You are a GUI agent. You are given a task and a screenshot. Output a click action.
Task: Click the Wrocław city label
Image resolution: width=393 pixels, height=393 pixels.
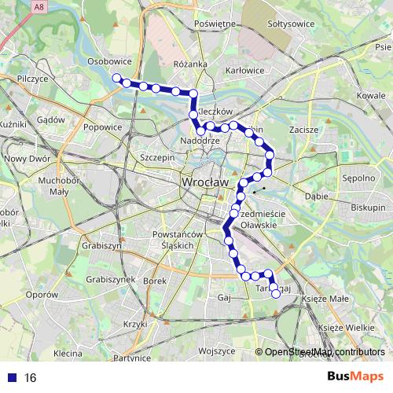point(204,182)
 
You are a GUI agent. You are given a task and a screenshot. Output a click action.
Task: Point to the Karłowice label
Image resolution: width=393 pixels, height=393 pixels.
point(244,70)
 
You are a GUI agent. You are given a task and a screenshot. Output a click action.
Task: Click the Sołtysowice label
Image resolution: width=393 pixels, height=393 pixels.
point(291,24)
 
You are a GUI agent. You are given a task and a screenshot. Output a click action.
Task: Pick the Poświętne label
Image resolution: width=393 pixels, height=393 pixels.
point(215,24)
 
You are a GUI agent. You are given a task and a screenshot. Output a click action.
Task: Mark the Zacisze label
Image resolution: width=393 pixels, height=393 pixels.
point(303,129)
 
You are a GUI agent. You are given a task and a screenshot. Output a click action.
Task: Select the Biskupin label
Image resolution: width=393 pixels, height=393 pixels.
point(368,208)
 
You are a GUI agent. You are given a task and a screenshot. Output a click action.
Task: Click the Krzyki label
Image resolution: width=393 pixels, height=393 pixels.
point(135,324)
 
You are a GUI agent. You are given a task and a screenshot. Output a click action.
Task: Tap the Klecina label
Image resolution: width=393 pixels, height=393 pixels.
point(68,354)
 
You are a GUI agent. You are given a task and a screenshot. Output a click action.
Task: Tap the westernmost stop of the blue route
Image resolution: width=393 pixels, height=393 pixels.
point(116,77)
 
